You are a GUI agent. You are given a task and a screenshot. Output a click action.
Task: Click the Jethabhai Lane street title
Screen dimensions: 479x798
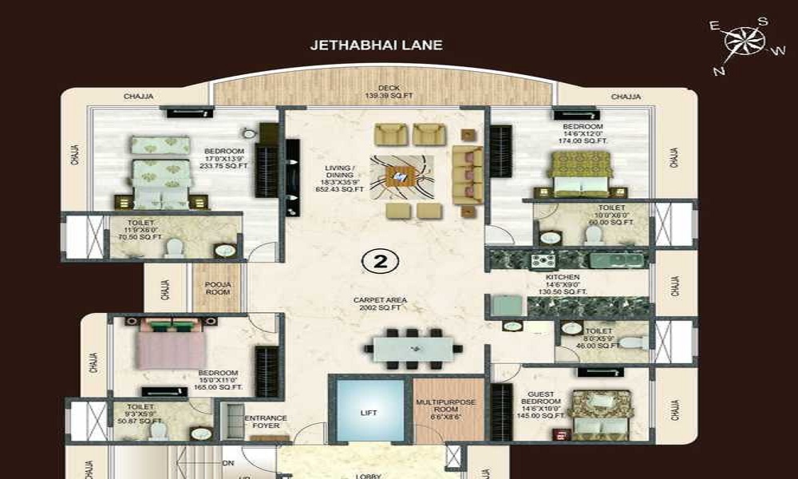click(x=376, y=46)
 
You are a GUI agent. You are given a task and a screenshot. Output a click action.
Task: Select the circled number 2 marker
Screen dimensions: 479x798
click(x=380, y=260)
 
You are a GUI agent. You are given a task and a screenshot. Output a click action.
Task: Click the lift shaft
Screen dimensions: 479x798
click(x=369, y=412)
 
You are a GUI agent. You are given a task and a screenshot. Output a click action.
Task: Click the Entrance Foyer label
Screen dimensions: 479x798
click(x=266, y=422)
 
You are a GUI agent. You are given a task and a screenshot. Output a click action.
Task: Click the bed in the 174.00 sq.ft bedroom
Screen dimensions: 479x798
click(x=580, y=173)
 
